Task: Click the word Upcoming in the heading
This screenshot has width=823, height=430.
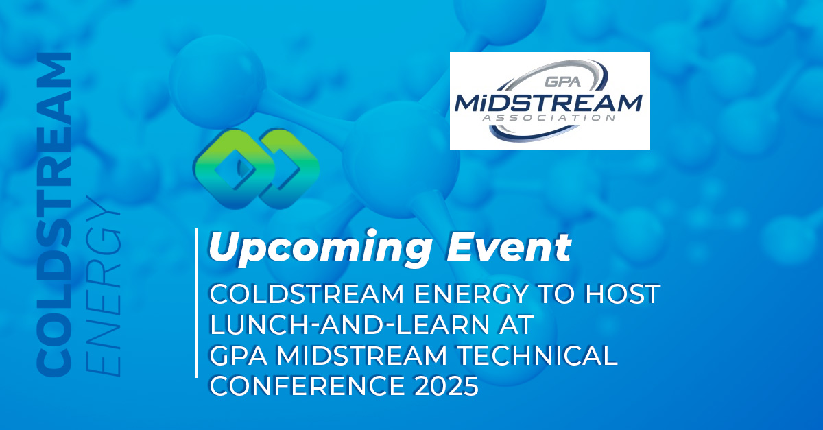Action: tap(320, 249)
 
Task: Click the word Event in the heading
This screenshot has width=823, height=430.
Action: tap(508, 247)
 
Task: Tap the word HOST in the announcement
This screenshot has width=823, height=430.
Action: tap(623, 294)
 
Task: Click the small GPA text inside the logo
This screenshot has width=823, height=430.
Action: tap(562, 81)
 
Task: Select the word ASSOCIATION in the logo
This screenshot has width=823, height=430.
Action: tap(549, 117)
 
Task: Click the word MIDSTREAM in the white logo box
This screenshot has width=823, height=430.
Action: tap(549, 103)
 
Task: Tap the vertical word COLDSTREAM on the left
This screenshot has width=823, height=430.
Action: tap(53, 215)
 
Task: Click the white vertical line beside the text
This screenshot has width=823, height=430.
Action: tap(196, 303)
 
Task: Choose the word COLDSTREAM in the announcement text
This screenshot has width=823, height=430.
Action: tap(307, 294)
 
